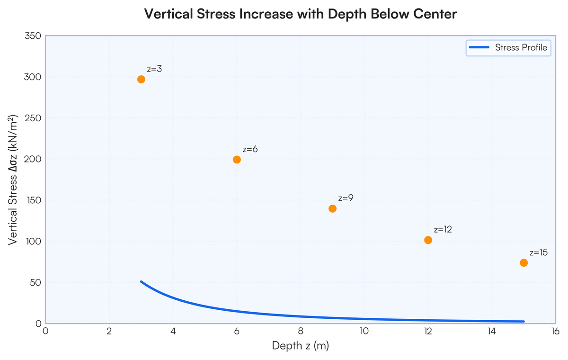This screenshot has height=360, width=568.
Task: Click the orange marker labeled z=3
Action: pyautogui.click(x=141, y=80)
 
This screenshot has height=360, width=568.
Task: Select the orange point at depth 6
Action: pyautogui.click(x=237, y=160)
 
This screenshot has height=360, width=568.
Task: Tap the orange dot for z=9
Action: pyautogui.click(x=332, y=208)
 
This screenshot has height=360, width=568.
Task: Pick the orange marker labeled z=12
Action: pyautogui.click(x=428, y=240)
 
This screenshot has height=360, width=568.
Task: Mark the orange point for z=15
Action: pyautogui.click(x=524, y=262)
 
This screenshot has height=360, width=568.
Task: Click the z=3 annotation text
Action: pyautogui.click(x=154, y=69)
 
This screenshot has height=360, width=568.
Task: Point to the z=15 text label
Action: pyautogui.click(x=539, y=252)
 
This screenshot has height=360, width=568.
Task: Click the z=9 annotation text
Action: pyautogui.click(x=346, y=198)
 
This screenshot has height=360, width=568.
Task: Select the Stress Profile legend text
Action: pyautogui.click(x=521, y=47)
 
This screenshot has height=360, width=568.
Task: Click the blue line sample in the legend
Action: pyautogui.click(x=479, y=47)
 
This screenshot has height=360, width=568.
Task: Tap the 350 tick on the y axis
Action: pyautogui.click(x=33, y=36)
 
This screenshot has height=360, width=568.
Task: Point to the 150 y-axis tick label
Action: pyautogui.click(x=34, y=200)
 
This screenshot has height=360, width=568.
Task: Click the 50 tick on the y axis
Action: pyautogui.click(x=35, y=282)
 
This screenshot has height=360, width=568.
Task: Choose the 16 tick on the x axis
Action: pyautogui.click(x=555, y=331)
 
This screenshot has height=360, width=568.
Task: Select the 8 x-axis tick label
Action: pyautogui.click(x=301, y=331)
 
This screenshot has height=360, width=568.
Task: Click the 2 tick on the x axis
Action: pyautogui.click(x=109, y=331)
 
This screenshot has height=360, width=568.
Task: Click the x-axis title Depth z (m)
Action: pyautogui.click(x=301, y=346)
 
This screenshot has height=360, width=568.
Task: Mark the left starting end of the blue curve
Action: pyautogui.click(x=141, y=282)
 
